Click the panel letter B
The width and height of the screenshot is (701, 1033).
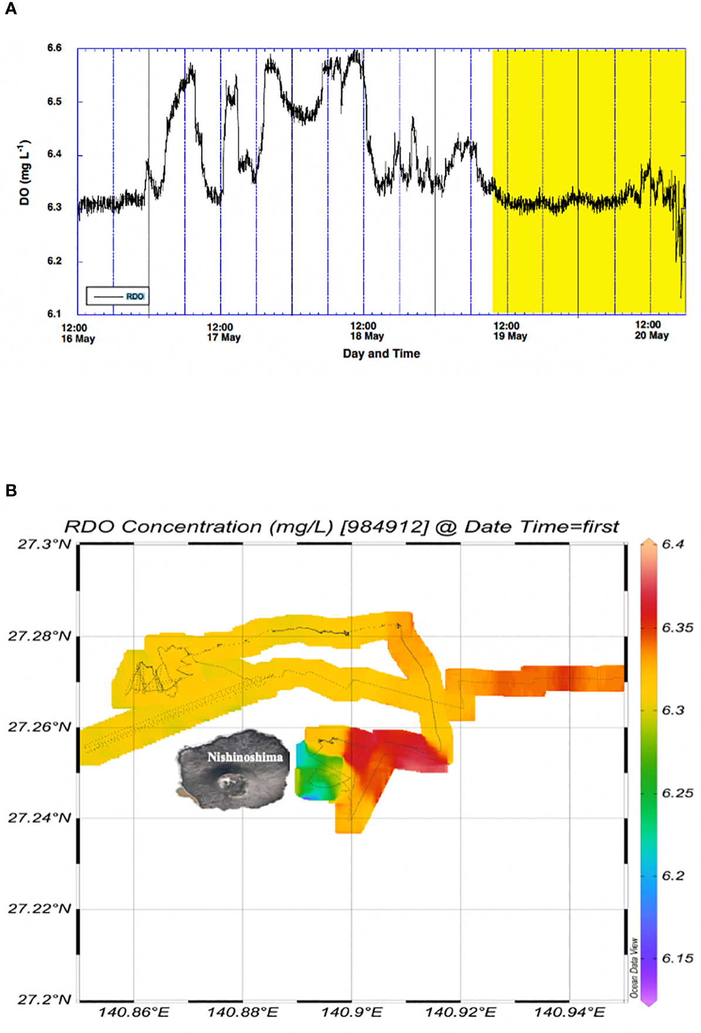tap(11, 490)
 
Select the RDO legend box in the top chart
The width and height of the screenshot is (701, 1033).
tap(117, 296)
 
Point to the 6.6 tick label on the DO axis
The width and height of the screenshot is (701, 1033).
tap(55, 48)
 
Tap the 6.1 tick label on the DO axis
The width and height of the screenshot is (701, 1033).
tap(55, 314)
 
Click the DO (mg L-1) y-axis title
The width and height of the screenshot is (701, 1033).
tap(25, 172)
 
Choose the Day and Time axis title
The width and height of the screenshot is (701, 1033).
tap(381, 354)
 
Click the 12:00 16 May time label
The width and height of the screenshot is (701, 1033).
tap(77, 333)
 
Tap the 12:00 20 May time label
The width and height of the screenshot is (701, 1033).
tap(651, 330)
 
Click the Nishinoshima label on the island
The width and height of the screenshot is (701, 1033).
tap(245, 757)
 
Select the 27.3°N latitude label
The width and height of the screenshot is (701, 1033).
tap(44, 544)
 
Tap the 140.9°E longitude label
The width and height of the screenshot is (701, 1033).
tap(351, 1013)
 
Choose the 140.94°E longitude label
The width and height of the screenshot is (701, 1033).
tap(569, 1013)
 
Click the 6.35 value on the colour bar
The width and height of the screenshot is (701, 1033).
tap(677, 628)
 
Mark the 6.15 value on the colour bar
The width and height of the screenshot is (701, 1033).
tap(677, 959)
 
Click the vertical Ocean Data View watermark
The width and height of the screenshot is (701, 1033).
tap(634, 968)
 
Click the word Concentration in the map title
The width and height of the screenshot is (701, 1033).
tap(191, 527)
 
